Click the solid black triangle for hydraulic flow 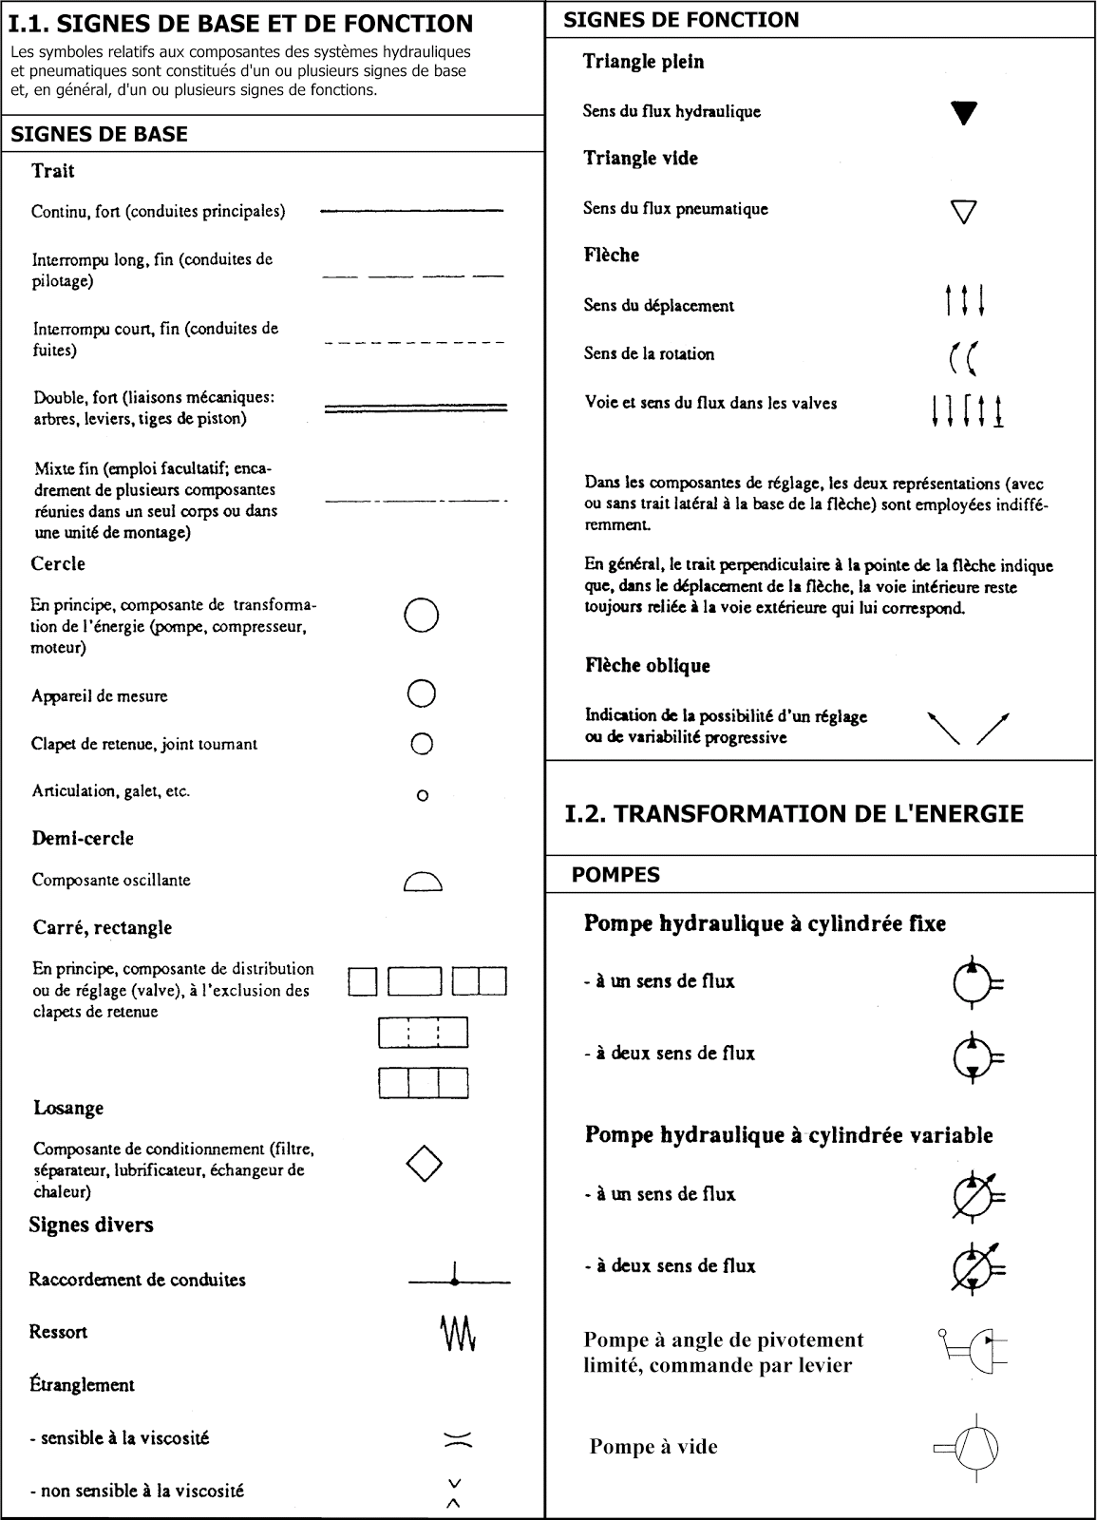pyautogui.click(x=964, y=113)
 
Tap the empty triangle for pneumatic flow pyautogui.click(x=964, y=211)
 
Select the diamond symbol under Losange pyautogui.click(x=424, y=1162)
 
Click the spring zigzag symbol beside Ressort pyautogui.click(x=459, y=1334)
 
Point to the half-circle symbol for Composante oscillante pyautogui.click(x=423, y=883)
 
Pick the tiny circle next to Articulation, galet pyautogui.click(x=423, y=795)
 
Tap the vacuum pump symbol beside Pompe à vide pyautogui.click(x=969, y=1448)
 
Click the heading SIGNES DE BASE pyautogui.click(x=99, y=134)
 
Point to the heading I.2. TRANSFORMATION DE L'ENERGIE pyautogui.click(x=793, y=814)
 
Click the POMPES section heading pyautogui.click(x=615, y=875)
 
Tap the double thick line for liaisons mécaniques pyautogui.click(x=415, y=408)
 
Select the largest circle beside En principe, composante pyautogui.click(x=422, y=616)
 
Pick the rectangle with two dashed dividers pyautogui.click(x=424, y=1032)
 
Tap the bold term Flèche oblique pyautogui.click(x=647, y=666)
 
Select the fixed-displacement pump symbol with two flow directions pyautogui.click(x=975, y=1055)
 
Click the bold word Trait pyautogui.click(x=52, y=171)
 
